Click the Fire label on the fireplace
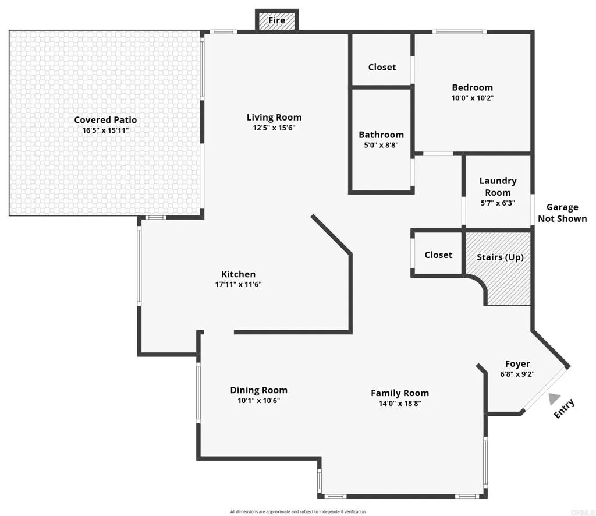[x=276, y=20]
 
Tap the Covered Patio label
[x=105, y=120]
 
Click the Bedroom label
[x=472, y=87]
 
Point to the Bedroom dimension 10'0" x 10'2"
[x=472, y=98]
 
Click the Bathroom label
[x=381, y=135]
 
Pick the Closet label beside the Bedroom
[x=382, y=67]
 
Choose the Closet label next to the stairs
[x=438, y=255]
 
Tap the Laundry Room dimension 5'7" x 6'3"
[x=498, y=203]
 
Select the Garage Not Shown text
[x=562, y=213]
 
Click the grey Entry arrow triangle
[x=554, y=400]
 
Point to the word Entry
[x=564, y=408]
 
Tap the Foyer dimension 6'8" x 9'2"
[x=517, y=374]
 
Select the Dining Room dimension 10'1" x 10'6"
[x=258, y=401]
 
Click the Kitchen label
[x=238, y=274]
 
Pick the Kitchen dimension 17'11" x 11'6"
[x=238, y=285]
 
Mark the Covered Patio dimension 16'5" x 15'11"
[x=105, y=130]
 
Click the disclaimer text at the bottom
[x=297, y=511]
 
